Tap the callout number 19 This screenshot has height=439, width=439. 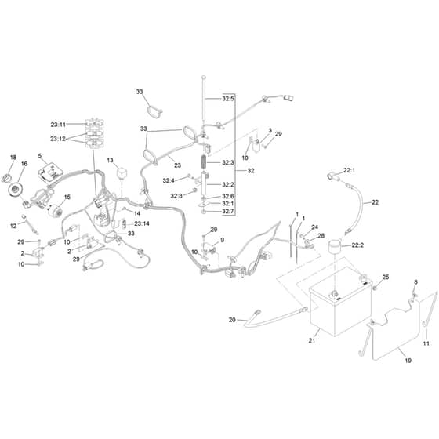408,361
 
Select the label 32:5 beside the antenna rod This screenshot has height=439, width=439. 228,99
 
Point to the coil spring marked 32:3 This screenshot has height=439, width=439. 205,162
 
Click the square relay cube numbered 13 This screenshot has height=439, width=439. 122,172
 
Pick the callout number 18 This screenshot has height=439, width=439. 13,158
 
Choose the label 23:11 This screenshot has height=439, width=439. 58,125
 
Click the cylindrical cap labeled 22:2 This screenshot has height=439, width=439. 335,246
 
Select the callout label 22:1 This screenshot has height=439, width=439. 349,170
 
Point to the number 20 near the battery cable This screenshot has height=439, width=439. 232,320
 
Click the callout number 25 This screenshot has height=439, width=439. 386,278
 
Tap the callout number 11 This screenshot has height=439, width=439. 426,343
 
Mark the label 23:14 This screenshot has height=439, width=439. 142,223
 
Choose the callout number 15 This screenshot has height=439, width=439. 67,197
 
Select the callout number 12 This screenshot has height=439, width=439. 13,226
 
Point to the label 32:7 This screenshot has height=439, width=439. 228,212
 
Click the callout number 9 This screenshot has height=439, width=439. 223,240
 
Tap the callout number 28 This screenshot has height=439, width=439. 321,236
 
